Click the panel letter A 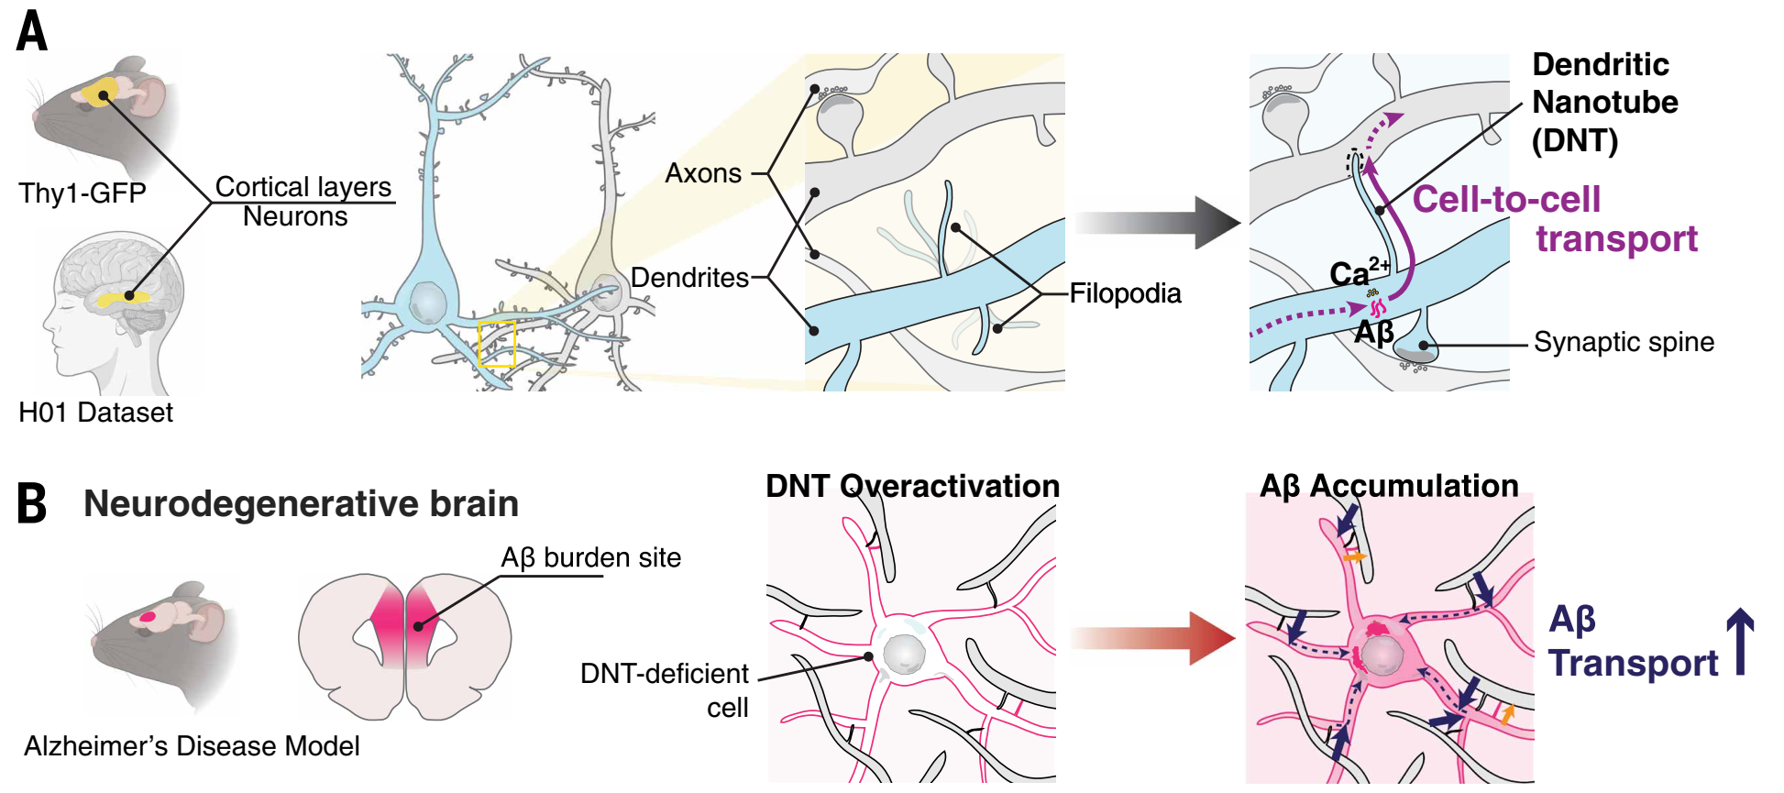(32, 31)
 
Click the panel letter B (32, 503)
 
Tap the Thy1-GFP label (83, 193)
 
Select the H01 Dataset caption (95, 413)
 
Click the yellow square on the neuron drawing (497, 344)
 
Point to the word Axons (703, 173)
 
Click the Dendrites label (689, 278)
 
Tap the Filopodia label (1125, 293)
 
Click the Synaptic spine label (1624, 342)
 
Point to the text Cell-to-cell (1506, 199)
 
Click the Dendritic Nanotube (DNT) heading (1604, 102)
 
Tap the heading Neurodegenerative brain (301, 503)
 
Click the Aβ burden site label (590, 557)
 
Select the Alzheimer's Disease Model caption (192, 746)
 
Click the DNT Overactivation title (912, 486)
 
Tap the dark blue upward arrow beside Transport (1740, 642)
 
